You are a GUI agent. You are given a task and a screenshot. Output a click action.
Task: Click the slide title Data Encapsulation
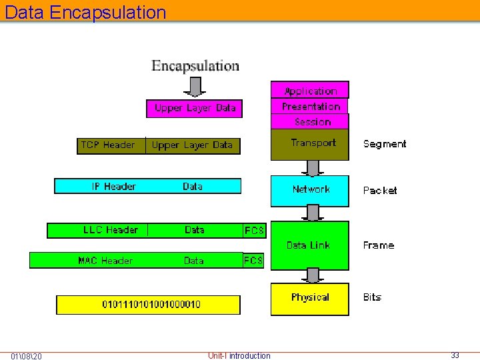pos(85,12)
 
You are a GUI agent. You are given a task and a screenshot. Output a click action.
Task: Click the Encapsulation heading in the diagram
pos(195,66)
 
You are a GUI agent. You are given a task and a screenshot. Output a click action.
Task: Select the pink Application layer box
pos(310,91)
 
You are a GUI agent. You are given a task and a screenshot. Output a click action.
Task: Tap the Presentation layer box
pos(310,107)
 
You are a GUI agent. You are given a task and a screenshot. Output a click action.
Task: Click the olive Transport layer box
pos(310,144)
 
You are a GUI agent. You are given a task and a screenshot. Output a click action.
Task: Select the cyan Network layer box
pos(310,190)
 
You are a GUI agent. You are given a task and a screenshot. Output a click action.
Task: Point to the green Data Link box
pos(309,245)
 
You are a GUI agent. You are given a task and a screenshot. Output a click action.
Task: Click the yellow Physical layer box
pos(309,298)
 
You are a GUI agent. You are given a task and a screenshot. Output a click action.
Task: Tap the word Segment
pos(384,144)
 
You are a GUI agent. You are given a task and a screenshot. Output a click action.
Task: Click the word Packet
pos(379,191)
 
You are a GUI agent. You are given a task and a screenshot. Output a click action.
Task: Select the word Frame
pos(378,245)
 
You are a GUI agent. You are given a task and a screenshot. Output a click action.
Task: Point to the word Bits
pos(372,297)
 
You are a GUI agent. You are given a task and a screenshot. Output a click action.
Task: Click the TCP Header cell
pos(108,145)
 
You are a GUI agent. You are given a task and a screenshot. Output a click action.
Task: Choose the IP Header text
pos(113,187)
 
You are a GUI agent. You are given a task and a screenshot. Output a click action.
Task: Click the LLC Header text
pos(111,230)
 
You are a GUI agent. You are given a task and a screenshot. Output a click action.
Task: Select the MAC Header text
pos(105,261)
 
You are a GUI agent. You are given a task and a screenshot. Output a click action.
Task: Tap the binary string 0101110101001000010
pos(151,305)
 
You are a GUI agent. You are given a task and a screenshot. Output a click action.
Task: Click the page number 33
pos(455,355)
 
